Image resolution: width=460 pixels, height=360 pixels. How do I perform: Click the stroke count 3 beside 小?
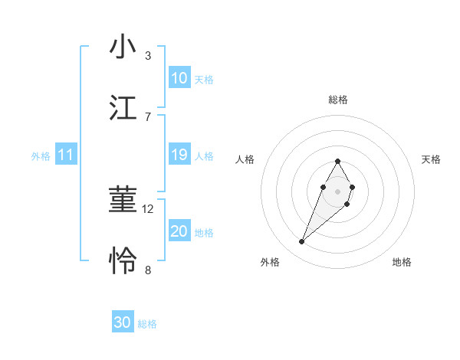(x=148, y=55)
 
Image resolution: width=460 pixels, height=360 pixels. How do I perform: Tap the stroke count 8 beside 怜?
(x=148, y=270)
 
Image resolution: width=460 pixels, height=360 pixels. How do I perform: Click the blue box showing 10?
(x=179, y=78)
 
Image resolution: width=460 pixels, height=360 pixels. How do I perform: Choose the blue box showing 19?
(x=179, y=155)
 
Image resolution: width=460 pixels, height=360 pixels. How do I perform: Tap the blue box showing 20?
(x=179, y=231)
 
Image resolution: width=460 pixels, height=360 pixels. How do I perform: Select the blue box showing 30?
(x=123, y=322)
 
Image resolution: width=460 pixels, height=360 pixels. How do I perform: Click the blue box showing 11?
(x=66, y=155)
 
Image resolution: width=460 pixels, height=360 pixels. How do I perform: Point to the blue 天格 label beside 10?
(x=204, y=79)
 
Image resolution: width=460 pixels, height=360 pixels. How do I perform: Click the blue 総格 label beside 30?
(x=147, y=324)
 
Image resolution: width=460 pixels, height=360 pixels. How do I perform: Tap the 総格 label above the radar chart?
(x=338, y=100)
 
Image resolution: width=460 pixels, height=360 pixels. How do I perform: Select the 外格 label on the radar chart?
(x=270, y=262)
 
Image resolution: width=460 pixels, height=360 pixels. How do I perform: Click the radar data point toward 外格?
(x=301, y=242)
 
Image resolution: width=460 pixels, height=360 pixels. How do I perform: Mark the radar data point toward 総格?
(x=337, y=161)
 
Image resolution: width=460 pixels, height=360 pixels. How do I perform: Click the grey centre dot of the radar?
(x=337, y=190)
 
